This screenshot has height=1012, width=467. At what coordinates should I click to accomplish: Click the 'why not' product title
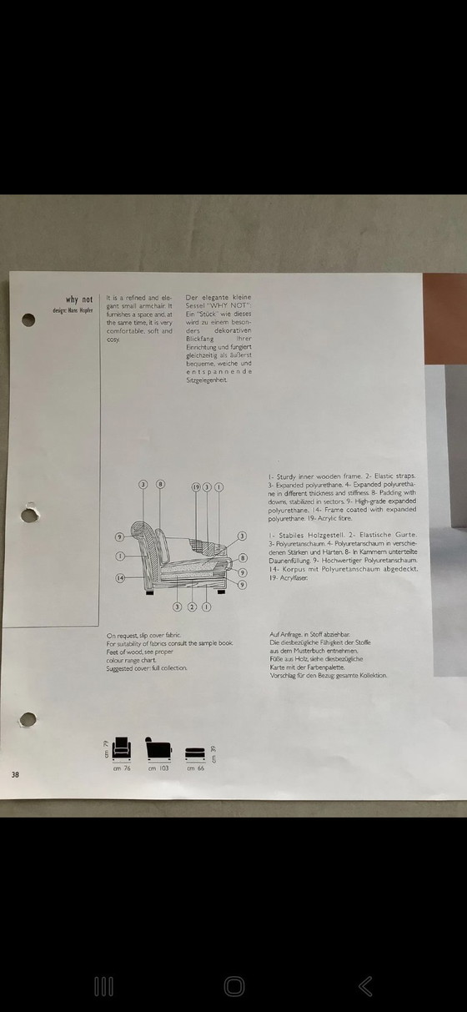coord(79,300)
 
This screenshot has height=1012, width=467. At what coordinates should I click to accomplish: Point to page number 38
coord(15,775)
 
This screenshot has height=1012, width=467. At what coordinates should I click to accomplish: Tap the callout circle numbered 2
coord(193,607)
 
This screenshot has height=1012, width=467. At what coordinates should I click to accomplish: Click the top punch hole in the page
coord(28,320)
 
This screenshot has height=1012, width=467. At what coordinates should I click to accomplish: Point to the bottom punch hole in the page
coord(28,720)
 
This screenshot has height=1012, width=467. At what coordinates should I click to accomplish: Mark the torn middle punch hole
coord(29,514)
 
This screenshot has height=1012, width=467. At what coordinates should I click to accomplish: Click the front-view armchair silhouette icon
coord(122,748)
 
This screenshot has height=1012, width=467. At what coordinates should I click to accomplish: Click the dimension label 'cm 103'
coord(158,768)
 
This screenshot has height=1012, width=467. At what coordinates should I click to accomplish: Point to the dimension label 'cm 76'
coord(122,768)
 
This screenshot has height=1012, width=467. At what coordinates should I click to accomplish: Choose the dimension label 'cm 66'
coord(195,768)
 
